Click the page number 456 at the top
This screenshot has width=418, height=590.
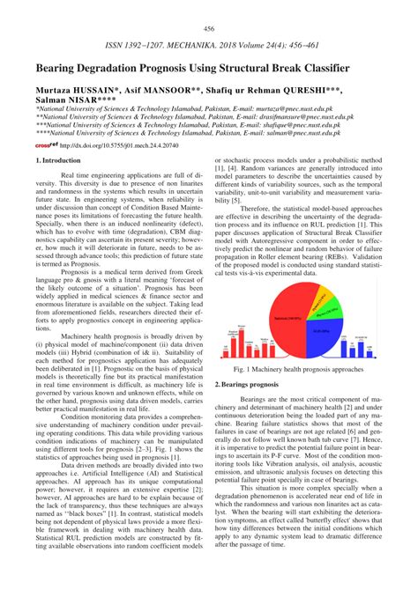(209, 29)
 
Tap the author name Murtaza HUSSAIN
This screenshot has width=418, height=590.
(73, 91)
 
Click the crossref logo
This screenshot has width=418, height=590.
(46, 146)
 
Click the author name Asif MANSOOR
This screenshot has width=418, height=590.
(154, 91)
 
